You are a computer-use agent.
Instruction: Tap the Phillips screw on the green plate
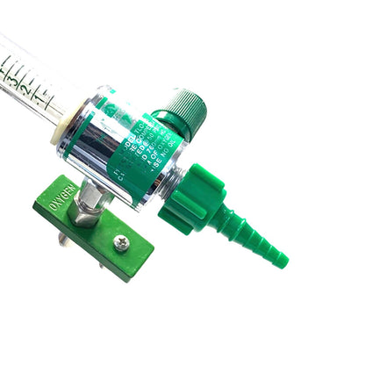coord(122,243)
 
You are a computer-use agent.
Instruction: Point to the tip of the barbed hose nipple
coord(282,260)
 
